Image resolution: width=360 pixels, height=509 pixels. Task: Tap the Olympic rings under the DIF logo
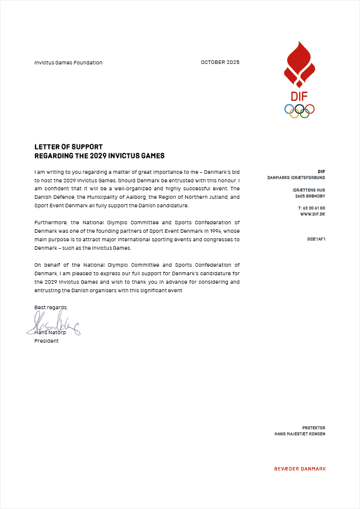pyautogui.click(x=299, y=110)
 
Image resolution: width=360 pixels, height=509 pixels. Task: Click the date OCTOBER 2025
pyautogui.click(x=220, y=62)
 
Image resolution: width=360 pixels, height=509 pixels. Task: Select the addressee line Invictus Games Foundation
pyautogui.click(x=68, y=63)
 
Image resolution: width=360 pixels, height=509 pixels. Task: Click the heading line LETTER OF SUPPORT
pyautogui.click(x=68, y=147)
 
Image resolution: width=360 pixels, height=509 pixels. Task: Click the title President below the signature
pyautogui.click(x=46, y=341)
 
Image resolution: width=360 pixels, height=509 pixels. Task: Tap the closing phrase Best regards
pyautogui.click(x=50, y=307)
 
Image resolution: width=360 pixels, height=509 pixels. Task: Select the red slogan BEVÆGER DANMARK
pyautogui.click(x=300, y=469)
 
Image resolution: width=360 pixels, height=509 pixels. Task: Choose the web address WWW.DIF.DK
pyautogui.click(x=313, y=214)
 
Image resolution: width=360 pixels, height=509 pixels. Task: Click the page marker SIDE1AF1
pyautogui.click(x=316, y=239)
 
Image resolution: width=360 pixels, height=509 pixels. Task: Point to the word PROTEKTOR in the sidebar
pyautogui.click(x=314, y=428)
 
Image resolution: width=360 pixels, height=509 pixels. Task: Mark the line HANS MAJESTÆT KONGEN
pyautogui.click(x=300, y=434)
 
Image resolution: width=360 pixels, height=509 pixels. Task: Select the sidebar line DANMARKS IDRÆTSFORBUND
pyautogui.click(x=296, y=178)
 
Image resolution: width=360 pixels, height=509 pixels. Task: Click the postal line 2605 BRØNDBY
pyautogui.click(x=310, y=196)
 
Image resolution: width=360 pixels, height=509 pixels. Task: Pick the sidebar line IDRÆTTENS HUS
pyautogui.click(x=309, y=190)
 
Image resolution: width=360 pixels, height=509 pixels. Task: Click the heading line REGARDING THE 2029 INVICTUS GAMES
pyautogui.click(x=99, y=156)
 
